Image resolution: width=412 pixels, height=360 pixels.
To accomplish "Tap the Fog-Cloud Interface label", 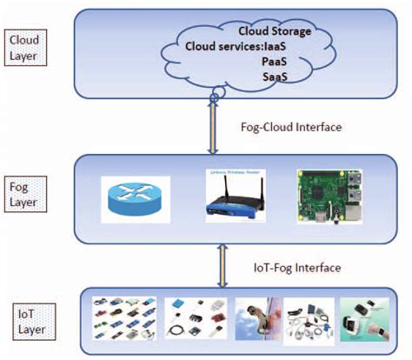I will (x=289, y=126).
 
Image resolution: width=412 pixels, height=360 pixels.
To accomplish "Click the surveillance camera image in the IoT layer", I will (x=254, y=319).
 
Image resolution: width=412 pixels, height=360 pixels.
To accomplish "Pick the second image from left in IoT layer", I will (x=195, y=319).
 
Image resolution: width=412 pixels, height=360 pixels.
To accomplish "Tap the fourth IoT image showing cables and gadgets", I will (x=310, y=319).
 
